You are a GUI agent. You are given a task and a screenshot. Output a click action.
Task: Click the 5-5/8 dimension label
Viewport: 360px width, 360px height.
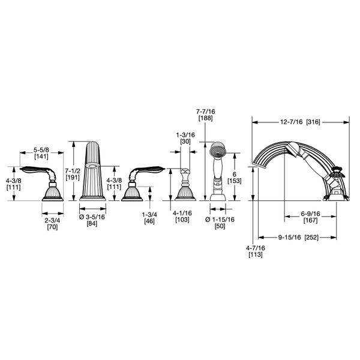(x=41, y=150)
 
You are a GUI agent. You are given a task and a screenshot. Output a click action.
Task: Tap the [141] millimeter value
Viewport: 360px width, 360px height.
(x=41, y=157)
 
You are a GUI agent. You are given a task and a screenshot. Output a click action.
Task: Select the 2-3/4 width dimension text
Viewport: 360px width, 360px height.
(x=52, y=220)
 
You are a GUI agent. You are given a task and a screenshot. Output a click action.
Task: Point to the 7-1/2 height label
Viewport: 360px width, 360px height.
(x=73, y=171)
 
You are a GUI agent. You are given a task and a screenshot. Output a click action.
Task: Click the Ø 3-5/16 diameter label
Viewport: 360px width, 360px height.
(x=92, y=217)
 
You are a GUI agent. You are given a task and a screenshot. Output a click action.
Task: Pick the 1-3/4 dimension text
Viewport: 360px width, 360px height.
(x=149, y=215)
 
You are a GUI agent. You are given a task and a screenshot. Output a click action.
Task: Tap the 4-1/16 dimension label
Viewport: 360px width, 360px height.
(x=182, y=213)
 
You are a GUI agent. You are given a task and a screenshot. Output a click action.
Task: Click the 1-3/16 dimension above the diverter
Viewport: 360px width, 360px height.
(x=185, y=135)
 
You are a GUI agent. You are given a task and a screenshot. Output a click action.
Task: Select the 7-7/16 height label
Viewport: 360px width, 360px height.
(x=206, y=112)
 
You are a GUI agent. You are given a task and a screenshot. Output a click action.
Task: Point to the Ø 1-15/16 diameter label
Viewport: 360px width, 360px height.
(x=220, y=220)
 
